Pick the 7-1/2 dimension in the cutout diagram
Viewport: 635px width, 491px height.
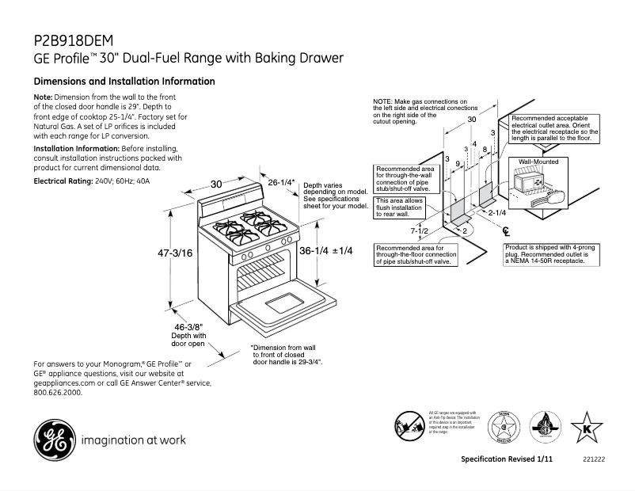pos(420,231)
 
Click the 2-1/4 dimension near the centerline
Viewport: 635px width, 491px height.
pos(497,212)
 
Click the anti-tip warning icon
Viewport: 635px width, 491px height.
pos(409,427)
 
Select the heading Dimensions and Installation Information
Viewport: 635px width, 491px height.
pos(124,82)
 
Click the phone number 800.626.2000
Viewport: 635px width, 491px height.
pos(58,392)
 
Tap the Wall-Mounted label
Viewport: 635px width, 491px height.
pos(538,162)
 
